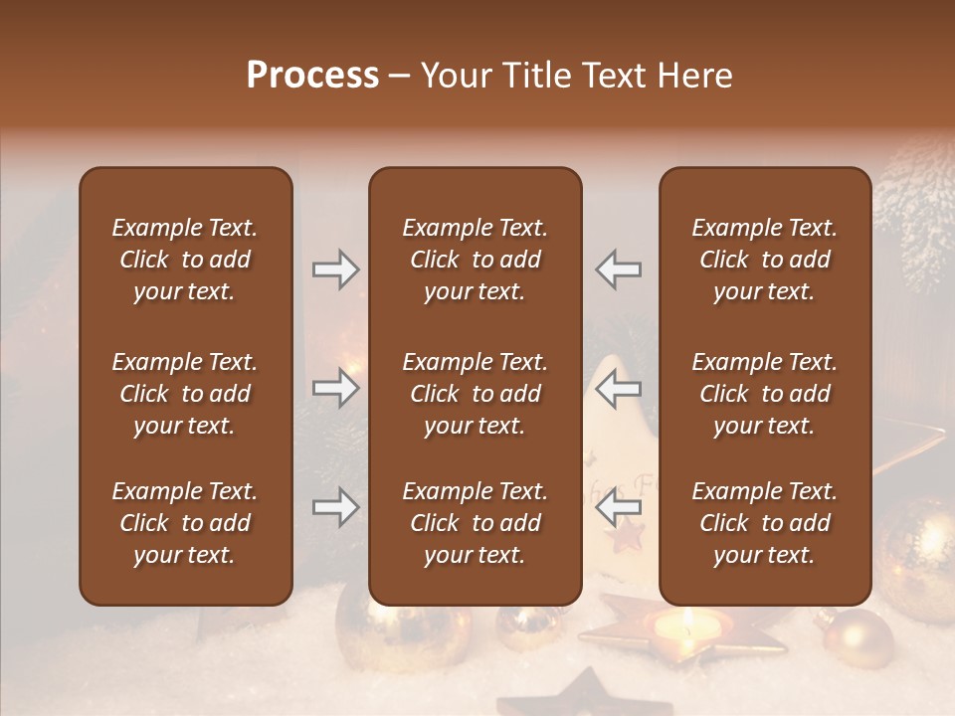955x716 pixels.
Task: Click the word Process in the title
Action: (312, 76)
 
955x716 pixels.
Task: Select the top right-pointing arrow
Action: (335, 269)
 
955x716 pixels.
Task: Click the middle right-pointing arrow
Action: (335, 388)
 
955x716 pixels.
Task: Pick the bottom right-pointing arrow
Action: (335, 508)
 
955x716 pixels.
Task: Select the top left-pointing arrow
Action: (619, 269)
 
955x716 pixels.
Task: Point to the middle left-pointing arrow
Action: (619, 388)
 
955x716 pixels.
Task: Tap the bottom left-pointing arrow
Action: (619, 508)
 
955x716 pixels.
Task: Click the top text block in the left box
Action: (185, 260)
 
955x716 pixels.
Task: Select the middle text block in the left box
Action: (185, 394)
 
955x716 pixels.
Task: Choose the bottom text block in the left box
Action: (185, 523)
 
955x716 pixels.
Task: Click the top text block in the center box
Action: (475, 260)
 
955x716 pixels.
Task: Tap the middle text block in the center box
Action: (475, 394)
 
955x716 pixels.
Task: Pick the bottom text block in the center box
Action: (475, 523)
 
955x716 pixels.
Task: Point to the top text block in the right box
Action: (764, 260)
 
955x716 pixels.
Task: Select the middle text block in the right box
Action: (764, 394)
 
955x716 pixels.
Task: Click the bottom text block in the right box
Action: (764, 523)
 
